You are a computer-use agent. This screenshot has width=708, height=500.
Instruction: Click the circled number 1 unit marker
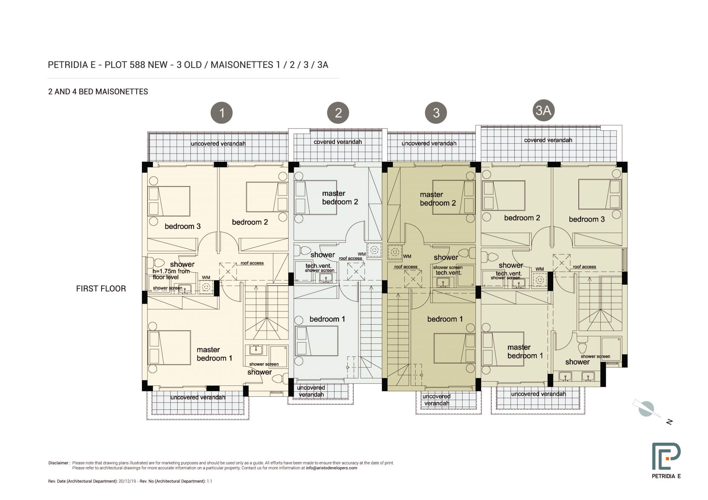click(x=222, y=113)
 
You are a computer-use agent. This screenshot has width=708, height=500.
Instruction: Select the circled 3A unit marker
click(x=543, y=110)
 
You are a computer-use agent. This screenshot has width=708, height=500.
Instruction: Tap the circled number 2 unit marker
click(x=338, y=113)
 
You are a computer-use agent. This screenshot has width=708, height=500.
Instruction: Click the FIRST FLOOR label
click(x=101, y=289)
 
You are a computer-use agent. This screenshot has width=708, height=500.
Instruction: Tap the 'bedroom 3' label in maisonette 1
click(x=183, y=226)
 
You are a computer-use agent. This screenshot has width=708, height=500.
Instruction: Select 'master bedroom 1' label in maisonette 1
click(x=214, y=354)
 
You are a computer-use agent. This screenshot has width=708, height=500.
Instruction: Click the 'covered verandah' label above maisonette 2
click(x=338, y=142)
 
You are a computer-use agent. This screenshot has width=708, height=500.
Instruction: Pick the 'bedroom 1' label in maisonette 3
click(x=445, y=319)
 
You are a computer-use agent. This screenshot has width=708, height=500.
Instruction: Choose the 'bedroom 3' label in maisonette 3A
click(x=587, y=219)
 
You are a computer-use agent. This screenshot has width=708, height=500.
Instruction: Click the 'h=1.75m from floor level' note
click(x=171, y=274)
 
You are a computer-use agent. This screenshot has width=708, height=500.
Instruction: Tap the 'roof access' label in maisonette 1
click(x=252, y=263)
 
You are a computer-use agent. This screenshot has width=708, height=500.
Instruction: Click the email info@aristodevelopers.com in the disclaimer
click(x=331, y=468)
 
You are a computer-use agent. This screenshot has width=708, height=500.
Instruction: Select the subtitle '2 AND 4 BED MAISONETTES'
click(x=98, y=92)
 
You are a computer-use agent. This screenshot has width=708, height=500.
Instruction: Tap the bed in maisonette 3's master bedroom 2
click(x=454, y=197)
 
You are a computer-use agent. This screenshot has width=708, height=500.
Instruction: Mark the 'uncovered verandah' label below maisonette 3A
click(x=538, y=394)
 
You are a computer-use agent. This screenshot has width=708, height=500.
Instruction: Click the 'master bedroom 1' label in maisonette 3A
click(x=525, y=351)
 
